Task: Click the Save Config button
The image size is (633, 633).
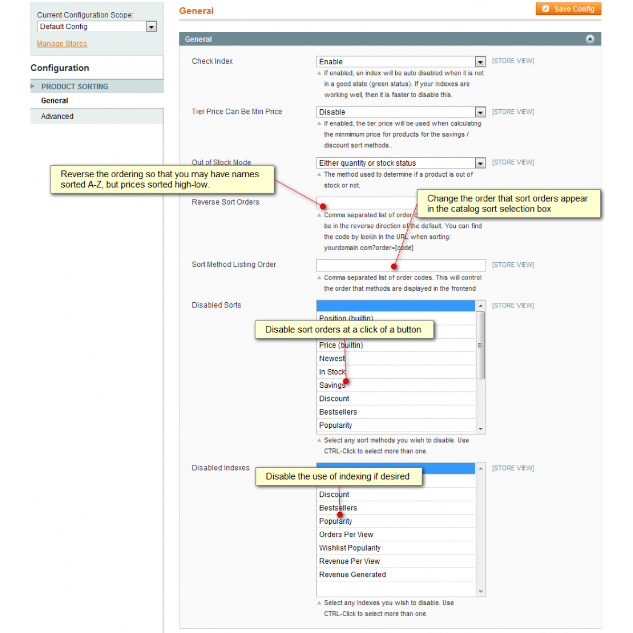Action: pos(569,9)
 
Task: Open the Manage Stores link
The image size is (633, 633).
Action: pos(62,44)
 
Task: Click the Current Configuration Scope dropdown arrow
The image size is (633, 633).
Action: pos(151,27)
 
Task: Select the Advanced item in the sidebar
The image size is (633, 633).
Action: pos(57,117)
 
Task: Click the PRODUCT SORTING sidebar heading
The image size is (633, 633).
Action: pos(74,87)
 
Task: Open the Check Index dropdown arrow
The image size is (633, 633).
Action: pos(480,62)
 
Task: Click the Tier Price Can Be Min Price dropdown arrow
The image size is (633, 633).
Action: pos(480,112)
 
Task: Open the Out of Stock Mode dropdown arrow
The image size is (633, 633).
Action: pos(480,163)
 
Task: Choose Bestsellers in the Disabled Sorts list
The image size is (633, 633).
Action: pos(338,412)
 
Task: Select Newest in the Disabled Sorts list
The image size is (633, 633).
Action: pos(332,359)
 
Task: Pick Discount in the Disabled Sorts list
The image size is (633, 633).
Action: pos(334,399)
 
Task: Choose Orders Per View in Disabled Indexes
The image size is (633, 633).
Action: pos(346,534)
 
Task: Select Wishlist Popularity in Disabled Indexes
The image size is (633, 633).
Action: pos(350,548)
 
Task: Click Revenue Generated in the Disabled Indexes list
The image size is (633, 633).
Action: pos(352,574)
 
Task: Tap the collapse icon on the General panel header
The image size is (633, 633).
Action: pos(590,39)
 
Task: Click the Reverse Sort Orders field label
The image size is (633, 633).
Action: pos(226,202)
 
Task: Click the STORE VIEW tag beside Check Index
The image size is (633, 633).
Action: pos(513,61)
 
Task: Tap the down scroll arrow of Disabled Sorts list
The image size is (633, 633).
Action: pos(481,429)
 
